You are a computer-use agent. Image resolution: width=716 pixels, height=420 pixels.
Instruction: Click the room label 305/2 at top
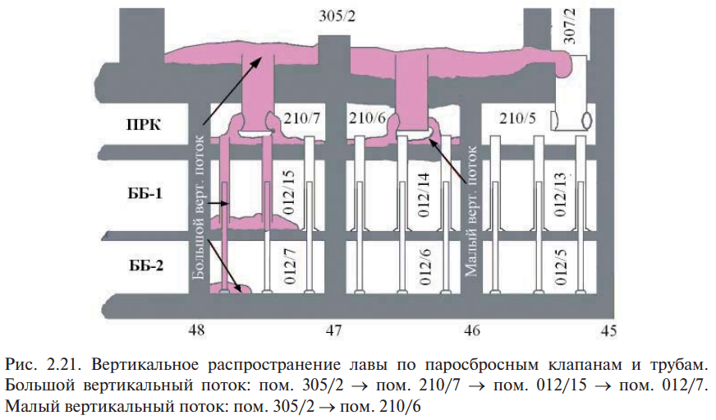click(337, 16)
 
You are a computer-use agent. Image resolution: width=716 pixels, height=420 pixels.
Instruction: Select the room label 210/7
click(302, 118)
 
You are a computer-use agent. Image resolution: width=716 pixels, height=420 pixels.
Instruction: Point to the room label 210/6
click(368, 118)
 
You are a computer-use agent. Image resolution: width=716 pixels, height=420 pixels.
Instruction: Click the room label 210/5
click(517, 118)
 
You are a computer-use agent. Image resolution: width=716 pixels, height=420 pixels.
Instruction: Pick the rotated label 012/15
click(288, 192)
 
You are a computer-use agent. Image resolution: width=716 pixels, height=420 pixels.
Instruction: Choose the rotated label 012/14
click(424, 195)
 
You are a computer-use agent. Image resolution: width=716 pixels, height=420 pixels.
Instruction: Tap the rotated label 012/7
click(290, 266)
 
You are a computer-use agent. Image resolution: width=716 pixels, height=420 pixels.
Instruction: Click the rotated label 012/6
click(425, 267)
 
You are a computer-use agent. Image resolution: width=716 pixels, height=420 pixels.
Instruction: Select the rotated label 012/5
click(560, 267)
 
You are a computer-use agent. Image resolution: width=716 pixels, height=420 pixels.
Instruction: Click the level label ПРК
click(144, 124)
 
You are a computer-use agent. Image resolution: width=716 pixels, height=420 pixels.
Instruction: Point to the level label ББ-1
click(145, 193)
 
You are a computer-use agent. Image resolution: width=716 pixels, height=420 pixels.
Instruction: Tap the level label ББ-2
click(145, 265)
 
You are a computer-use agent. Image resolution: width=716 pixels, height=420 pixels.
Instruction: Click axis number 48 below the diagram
click(196, 330)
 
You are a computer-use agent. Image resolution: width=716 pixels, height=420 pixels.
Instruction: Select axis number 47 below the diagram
click(334, 330)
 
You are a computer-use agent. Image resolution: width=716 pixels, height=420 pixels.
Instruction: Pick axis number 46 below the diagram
click(471, 330)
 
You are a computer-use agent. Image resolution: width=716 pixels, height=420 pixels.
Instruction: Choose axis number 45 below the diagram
click(608, 330)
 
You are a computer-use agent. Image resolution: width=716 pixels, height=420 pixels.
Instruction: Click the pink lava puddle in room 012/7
click(231, 288)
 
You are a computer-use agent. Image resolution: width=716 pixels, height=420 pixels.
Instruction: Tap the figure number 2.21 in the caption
click(63, 365)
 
